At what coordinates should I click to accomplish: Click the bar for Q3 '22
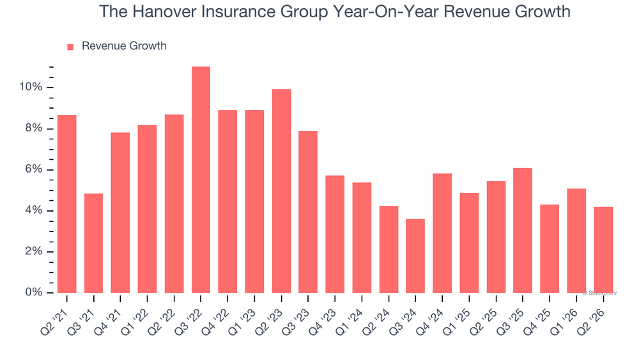pyautogui.click(x=201, y=180)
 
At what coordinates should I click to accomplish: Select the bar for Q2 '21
pyautogui.click(x=67, y=204)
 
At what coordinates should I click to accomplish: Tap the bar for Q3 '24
pyautogui.click(x=415, y=256)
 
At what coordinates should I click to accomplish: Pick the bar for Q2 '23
pyautogui.click(x=282, y=191)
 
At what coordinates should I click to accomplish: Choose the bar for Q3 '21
pyautogui.click(x=94, y=243)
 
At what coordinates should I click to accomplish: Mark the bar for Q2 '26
pyautogui.click(x=604, y=250)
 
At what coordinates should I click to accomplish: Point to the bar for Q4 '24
pyautogui.click(x=442, y=233)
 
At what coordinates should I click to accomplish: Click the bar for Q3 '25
pyautogui.click(x=523, y=230)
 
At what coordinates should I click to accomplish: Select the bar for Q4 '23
pyautogui.click(x=335, y=234)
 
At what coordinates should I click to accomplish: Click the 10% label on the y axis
pyautogui.click(x=31, y=87)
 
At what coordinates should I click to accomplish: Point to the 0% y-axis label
pyautogui.click(x=34, y=292)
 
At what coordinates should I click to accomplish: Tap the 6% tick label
pyautogui.click(x=34, y=169)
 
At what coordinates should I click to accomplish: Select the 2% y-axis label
pyautogui.click(x=34, y=251)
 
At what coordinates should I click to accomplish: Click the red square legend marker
pyautogui.click(x=70, y=47)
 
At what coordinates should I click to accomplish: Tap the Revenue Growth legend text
pyautogui.click(x=125, y=45)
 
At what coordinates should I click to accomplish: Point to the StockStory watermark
pyautogui.click(x=599, y=293)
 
